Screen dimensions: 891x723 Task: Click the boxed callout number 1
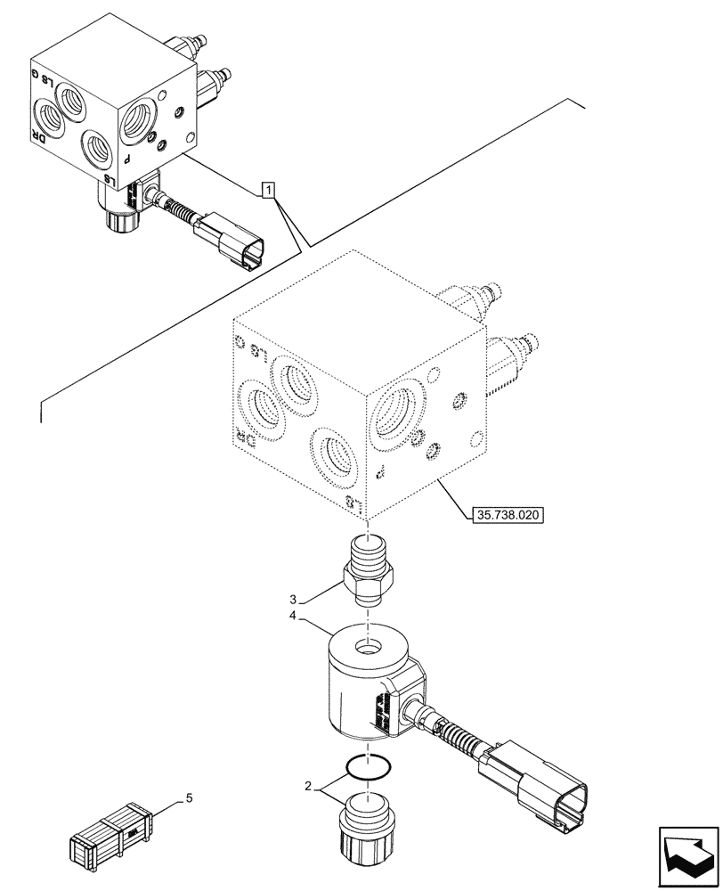click(x=270, y=189)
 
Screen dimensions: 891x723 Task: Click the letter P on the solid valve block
click(x=126, y=159)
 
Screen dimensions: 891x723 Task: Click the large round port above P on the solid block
click(x=141, y=115)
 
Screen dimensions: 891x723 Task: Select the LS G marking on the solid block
click(x=51, y=81)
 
